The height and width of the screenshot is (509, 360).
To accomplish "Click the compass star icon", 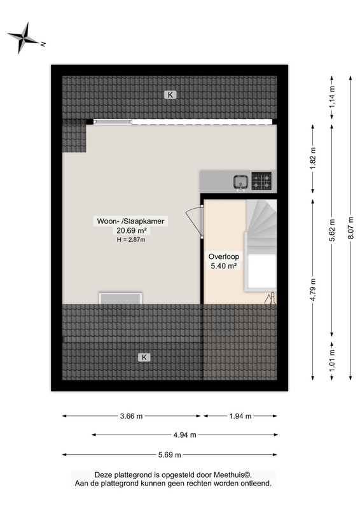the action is click(23, 38).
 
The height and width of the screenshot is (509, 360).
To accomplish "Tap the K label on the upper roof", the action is click(170, 95).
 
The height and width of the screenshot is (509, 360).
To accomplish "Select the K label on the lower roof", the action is click(144, 358).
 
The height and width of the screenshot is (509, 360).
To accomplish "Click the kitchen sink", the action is click(240, 182).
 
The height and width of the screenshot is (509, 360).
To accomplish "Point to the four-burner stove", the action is click(261, 181).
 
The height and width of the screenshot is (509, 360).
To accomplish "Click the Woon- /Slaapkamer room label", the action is click(130, 221).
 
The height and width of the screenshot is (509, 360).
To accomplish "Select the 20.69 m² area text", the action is click(131, 231).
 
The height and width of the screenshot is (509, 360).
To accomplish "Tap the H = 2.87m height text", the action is click(131, 240).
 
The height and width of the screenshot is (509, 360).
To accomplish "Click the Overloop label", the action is click(224, 256).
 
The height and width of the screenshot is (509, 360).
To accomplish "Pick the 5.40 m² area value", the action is click(224, 266).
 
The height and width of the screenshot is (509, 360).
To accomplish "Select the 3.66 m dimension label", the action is click(131, 416).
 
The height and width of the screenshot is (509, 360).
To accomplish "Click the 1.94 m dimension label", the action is click(240, 416).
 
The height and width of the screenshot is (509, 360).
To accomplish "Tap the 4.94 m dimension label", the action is click(184, 435).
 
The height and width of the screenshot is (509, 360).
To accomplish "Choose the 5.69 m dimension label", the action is click(169, 455).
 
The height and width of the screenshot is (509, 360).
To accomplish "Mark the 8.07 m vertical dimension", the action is click(350, 228).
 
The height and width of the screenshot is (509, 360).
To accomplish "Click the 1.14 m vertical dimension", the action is click(332, 97).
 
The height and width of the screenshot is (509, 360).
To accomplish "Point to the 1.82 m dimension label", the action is click(313, 158).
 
